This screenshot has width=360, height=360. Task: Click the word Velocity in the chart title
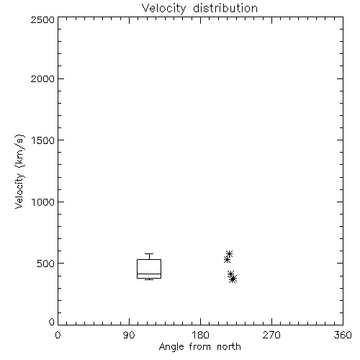[163, 9]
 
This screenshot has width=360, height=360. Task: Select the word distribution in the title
[225, 8]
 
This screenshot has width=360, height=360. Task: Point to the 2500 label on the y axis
[42, 19]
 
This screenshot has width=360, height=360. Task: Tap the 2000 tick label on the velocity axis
[42, 78]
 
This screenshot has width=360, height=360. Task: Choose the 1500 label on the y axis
[43, 140]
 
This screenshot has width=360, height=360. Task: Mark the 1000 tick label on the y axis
[43, 202]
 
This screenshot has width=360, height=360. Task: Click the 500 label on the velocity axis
[46, 264]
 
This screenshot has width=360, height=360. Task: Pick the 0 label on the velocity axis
[52, 322]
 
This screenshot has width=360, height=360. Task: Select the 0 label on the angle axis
[58, 335]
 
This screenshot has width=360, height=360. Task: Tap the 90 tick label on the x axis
[129, 335]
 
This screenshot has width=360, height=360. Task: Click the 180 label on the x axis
[200, 335]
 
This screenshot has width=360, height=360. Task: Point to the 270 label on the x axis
[271, 335]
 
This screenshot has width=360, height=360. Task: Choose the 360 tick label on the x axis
[343, 335]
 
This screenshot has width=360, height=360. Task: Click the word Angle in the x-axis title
[171, 347]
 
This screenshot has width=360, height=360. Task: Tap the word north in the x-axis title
[229, 347]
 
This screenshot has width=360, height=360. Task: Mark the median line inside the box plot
[149, 274]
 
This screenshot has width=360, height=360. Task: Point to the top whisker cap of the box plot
[149, 253]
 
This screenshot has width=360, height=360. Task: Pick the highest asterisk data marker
[229, 253]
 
